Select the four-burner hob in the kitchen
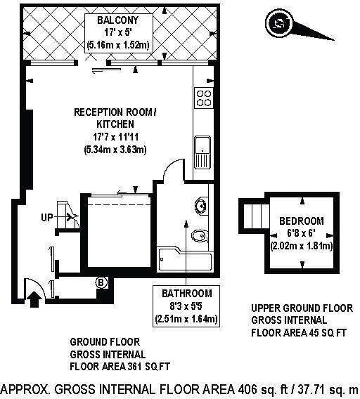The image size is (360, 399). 203,98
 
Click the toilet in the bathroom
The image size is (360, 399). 200,235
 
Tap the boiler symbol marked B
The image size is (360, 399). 101,283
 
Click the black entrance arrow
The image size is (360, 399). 32,300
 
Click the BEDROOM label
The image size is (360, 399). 301,221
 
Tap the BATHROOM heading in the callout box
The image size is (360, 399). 186,294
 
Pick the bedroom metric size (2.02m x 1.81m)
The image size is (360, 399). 301,246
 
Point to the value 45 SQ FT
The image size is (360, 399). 330,332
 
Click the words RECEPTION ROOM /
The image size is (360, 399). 115,112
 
